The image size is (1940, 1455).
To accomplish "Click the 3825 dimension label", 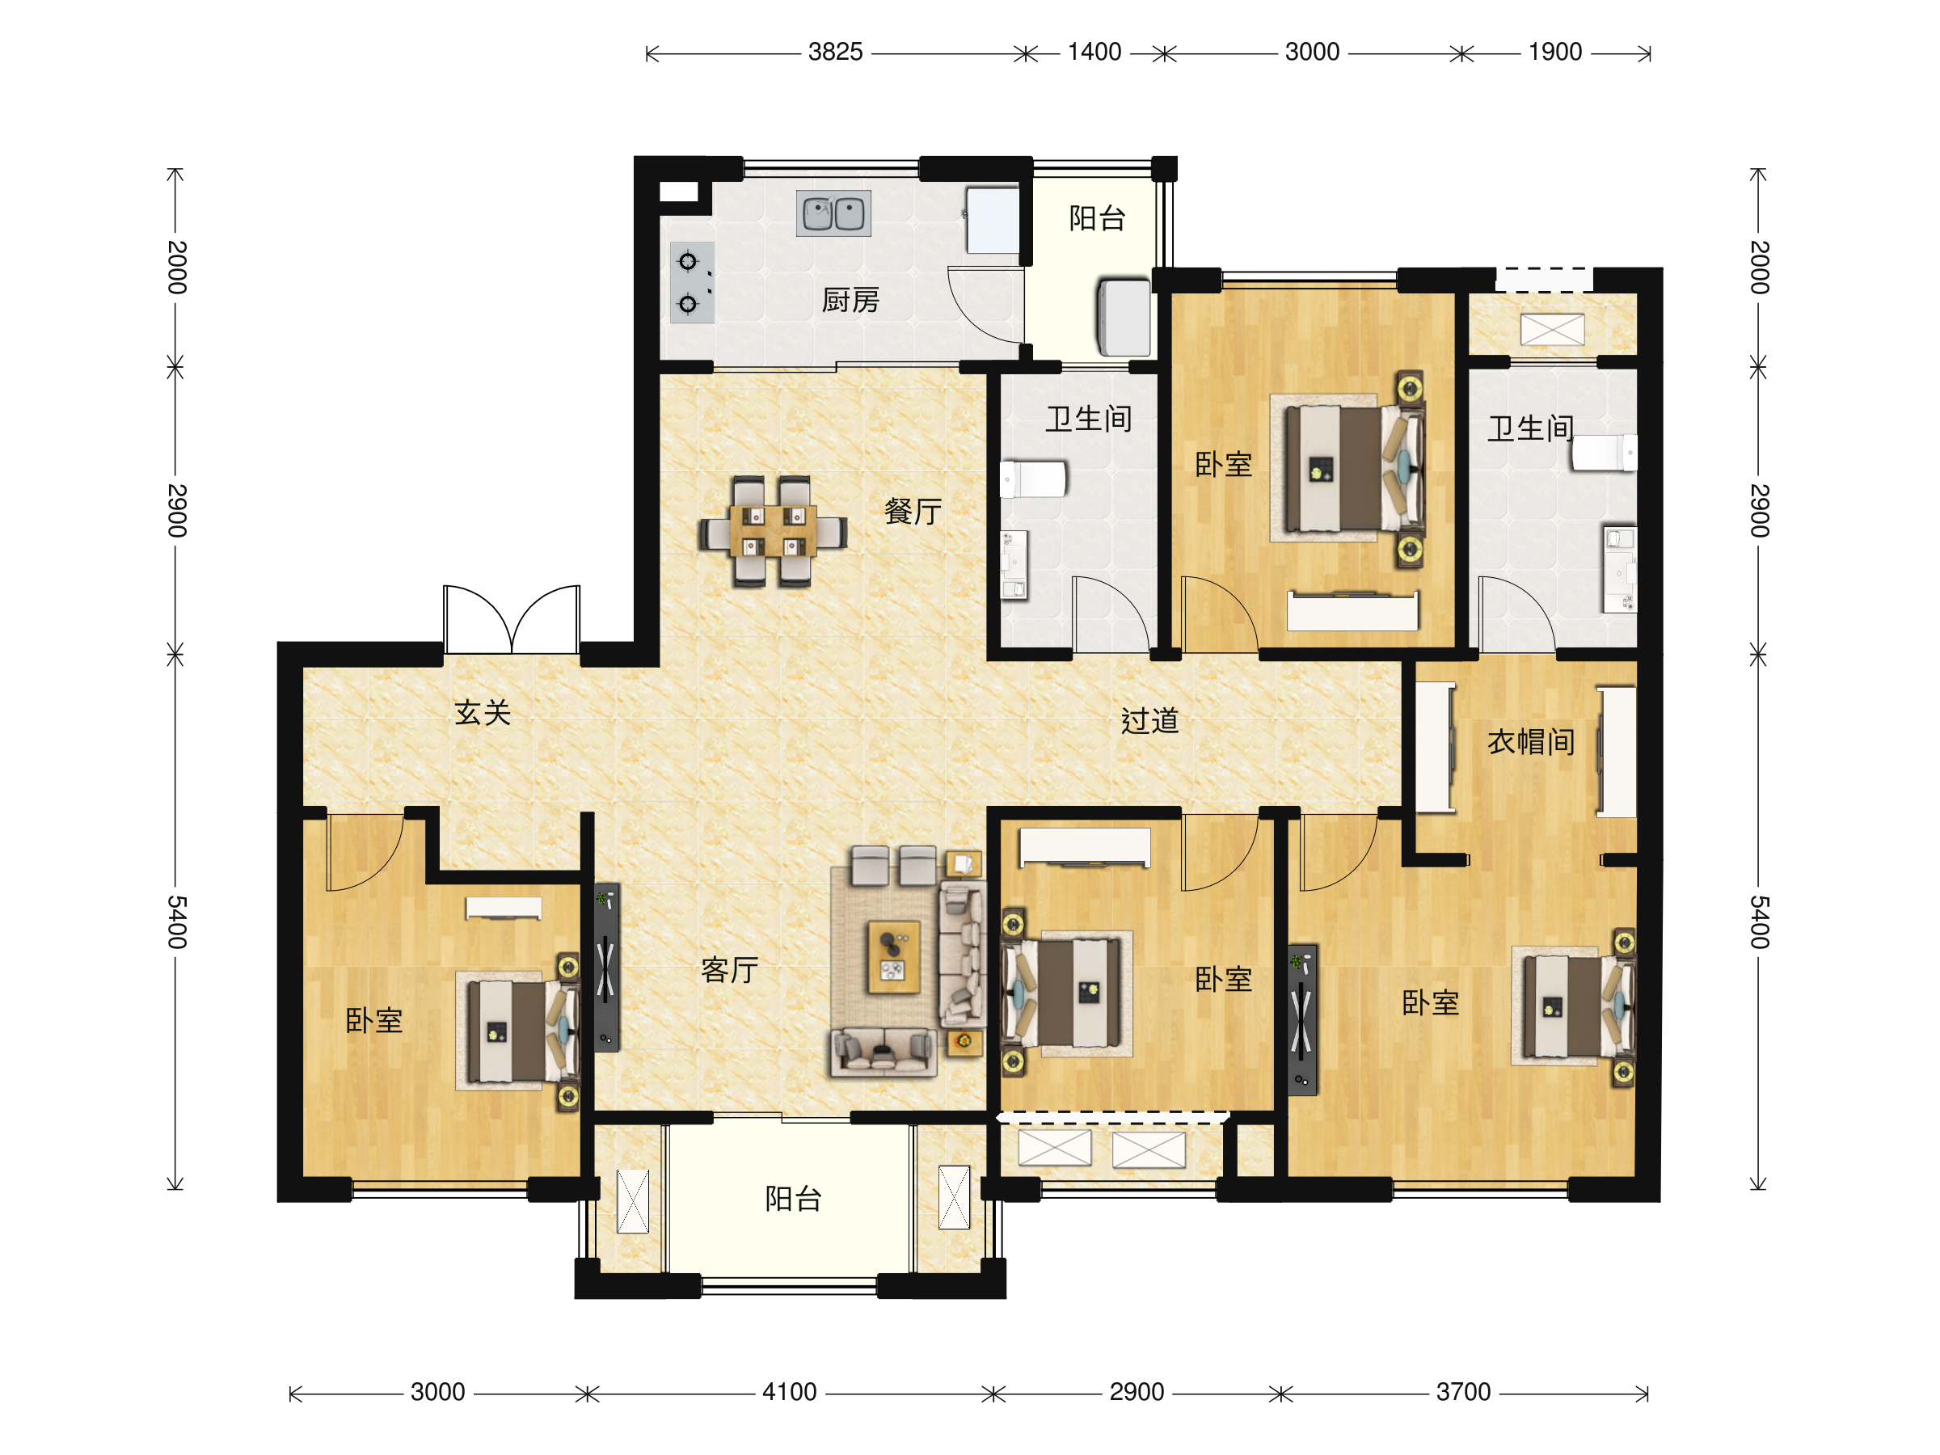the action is [x=835, y=52].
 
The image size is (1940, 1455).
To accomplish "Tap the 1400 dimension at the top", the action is [x=1094, y=52].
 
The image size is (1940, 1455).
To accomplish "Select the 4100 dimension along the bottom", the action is [x=789, y=1392].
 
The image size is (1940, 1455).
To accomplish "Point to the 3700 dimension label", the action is [x=1463, y=1392].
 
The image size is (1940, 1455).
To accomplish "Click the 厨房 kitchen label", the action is [x=850, y=300].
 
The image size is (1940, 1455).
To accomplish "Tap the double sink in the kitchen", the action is [x=833, y=213].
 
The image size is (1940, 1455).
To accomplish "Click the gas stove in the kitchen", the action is [x=692, y=282].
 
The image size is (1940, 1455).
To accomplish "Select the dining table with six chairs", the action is [x=773, y=530].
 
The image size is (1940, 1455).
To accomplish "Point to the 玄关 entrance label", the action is [x=483, y=712].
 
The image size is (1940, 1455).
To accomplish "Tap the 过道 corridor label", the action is [x=1149, y=721].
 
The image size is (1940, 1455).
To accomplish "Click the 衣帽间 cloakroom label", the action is [x=1530, y=742].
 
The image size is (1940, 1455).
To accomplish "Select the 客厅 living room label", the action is [x=729, y=970].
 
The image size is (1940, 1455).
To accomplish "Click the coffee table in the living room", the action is [x=894, y=957].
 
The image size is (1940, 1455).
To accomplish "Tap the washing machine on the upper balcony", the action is [x=1124, y=318].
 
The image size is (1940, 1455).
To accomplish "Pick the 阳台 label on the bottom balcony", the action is [x=793, y=1199].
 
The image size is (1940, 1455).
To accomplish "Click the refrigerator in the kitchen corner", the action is [x=992, y=220].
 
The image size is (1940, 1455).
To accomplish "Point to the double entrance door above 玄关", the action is [x=512, y=619].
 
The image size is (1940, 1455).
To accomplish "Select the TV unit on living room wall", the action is [x=606, y=968].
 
